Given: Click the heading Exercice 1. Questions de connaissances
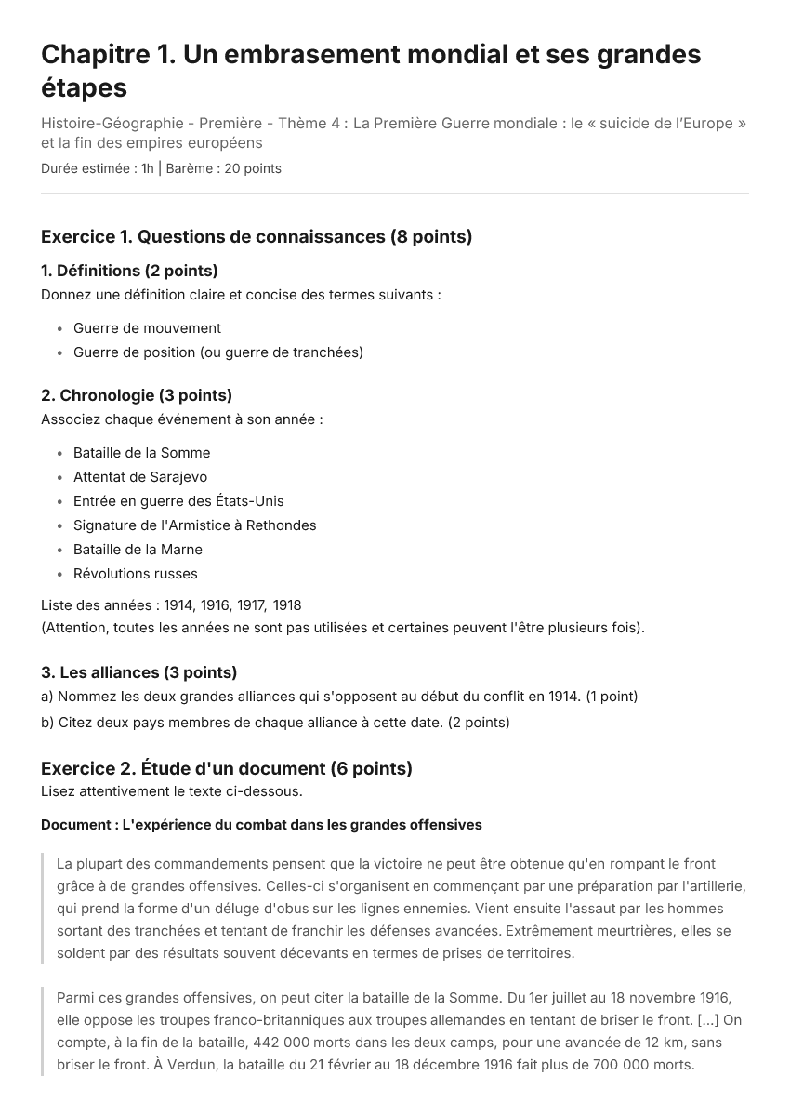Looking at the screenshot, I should (257, 236).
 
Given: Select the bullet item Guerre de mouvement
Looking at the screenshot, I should (147, 328).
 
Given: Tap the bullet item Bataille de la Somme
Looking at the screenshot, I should (141, 453).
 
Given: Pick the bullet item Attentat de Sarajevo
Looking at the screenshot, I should (140, 477).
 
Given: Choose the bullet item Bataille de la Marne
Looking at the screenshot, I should (138, 550).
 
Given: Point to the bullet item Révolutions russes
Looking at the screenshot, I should (135, 574).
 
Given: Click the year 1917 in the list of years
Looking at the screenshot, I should (251, 605).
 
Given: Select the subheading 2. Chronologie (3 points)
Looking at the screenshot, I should (137, 395).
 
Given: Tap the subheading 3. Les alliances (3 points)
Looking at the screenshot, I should (138, 672).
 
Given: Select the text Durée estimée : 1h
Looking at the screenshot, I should (98, 168).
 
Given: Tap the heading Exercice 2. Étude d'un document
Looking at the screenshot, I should (227, 768).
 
